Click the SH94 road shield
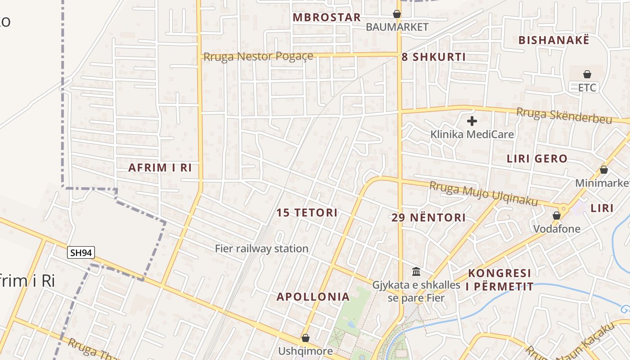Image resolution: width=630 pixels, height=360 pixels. click(x=81, y=253)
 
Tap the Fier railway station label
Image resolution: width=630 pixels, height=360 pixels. click(x=261, y=248)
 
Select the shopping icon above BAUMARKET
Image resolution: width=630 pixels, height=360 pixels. click(x=397, y=14)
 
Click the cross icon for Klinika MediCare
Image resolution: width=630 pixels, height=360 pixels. click(x=472, y=121)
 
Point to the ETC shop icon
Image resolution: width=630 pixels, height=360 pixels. click(x=587, y=74)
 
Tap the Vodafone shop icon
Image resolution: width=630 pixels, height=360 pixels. click(x=557, y=216)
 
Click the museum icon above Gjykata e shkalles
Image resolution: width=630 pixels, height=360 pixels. click(x=416, y=272)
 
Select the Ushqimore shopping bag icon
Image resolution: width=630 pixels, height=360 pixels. click(x=306, y=338)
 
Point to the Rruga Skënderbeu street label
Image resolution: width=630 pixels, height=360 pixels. click(x=564, y=115)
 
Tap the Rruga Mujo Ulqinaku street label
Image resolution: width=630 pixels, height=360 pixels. click(x=484, y=194)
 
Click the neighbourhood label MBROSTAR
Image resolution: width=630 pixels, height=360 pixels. click(x=327, y=18)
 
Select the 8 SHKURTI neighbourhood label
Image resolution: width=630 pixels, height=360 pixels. click(x=433, y=57)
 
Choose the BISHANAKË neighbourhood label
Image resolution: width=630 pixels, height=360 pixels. click(x=553, y=40)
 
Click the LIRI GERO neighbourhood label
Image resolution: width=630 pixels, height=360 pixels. click(x=537, y=158)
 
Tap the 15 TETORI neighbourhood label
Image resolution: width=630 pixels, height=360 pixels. click(x=307, y=213)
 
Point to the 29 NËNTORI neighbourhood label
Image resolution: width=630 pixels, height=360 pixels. click(x=428, y=218)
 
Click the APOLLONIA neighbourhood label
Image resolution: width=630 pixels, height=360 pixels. click(x=313, y=297)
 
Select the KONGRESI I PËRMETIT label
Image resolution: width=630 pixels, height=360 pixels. click(x=500, y=279)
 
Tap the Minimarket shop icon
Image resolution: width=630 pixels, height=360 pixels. click(x=604, y=170)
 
